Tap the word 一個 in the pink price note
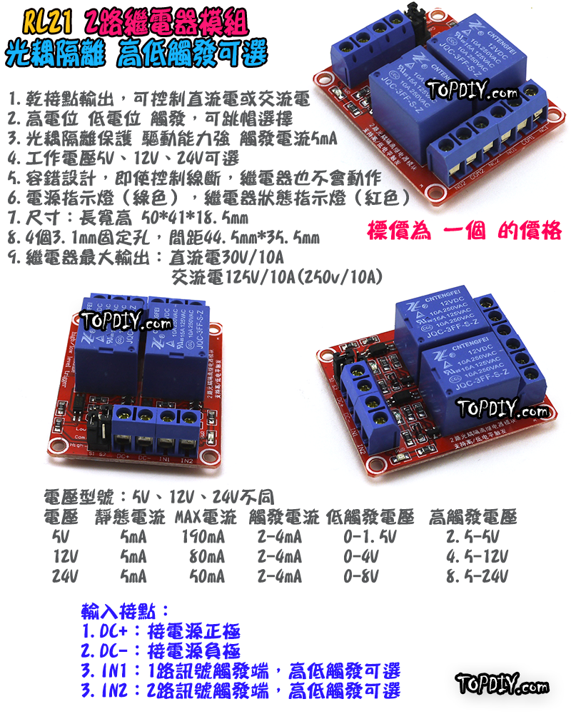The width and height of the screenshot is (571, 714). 467,231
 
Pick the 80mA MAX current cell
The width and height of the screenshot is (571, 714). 207,556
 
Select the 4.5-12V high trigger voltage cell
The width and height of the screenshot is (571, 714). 477,556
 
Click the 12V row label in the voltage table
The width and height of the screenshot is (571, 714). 65,556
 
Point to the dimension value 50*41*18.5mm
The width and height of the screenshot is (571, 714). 196,217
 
